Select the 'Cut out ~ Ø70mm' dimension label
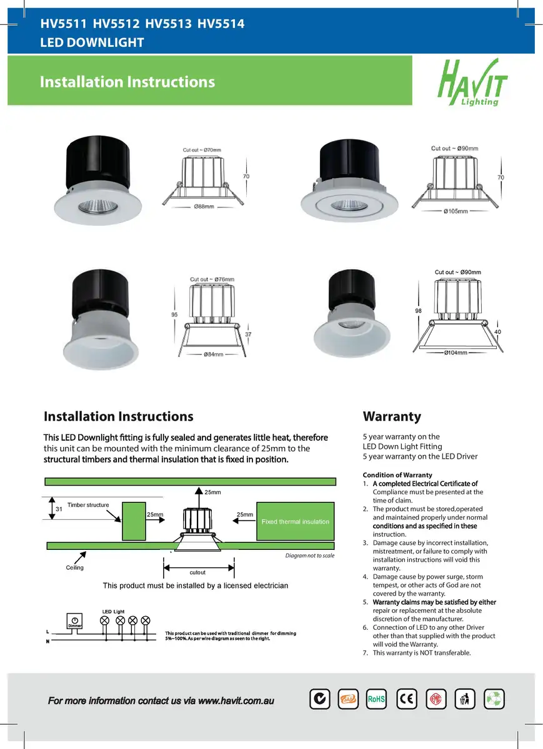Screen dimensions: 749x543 (202, 150)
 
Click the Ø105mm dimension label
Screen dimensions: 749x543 (456, 212)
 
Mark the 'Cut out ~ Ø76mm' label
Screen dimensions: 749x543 (212, 279)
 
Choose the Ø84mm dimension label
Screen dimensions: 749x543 (213, 355)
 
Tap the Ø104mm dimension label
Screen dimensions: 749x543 (456, 353)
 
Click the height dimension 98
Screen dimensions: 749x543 (419, 310)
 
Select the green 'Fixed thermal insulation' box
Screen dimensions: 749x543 (295, 521)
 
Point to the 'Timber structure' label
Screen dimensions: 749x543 (88, 505)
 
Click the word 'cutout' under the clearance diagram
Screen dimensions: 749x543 (197, 572)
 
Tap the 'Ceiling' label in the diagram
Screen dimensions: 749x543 (75, 567)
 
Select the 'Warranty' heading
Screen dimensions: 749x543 (392, 416)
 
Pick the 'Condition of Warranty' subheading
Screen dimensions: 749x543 (397, 475)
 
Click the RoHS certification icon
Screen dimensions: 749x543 (376, 699)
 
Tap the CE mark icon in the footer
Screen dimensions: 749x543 (407, 699)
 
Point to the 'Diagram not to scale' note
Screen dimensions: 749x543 (309, 556)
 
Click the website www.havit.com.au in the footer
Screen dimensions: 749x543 (236, 701)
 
